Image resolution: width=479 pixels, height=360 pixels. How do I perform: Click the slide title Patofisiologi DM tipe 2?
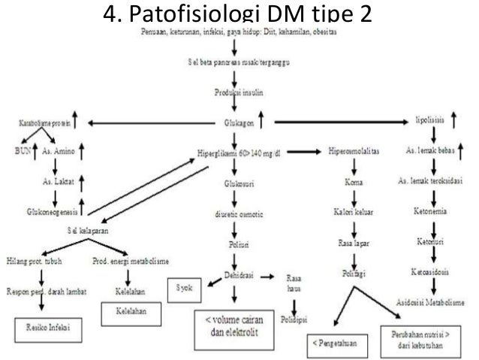[x=239, y=14]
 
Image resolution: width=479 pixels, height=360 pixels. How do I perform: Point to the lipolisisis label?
[x=432, y=120]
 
